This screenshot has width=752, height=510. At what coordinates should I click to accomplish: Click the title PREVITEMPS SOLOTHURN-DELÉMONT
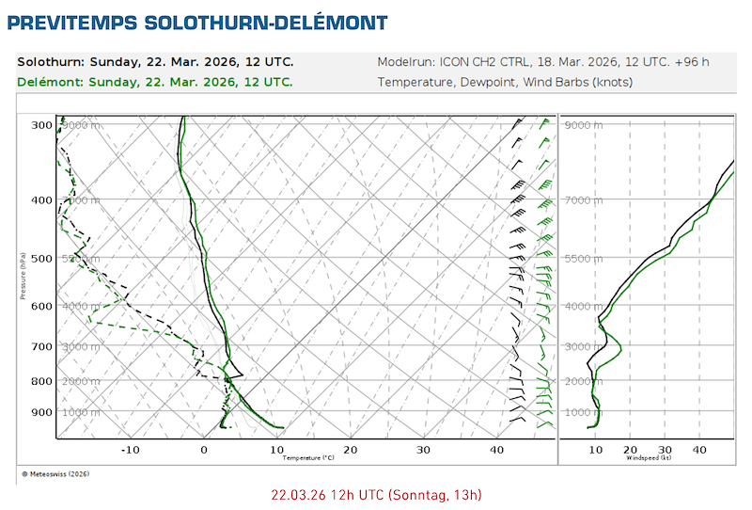point(197,21)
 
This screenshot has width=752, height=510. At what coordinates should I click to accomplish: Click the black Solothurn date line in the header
point(155,62)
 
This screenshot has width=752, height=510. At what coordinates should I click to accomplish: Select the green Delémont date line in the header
point(155,82)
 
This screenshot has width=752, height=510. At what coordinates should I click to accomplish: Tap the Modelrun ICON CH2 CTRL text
point(542,62)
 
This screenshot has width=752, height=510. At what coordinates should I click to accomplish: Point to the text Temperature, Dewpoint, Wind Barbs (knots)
point(505,82)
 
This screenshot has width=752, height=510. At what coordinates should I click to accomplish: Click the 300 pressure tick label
point(41,125)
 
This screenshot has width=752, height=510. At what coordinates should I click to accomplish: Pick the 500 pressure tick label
point(41,259)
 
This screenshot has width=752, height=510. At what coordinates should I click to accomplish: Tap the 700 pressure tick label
point(41,347)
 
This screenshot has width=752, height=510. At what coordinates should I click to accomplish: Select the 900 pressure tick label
point(41,412)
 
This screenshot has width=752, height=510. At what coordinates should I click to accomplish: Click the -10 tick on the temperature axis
point(130,450)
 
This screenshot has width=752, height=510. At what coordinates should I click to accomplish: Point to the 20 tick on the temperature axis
point(351,450)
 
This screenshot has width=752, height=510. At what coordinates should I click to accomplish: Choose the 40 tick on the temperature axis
point(497,450)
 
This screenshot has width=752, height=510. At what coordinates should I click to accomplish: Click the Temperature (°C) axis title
point(308,459)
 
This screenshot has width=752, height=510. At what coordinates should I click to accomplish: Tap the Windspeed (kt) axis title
point(648,459)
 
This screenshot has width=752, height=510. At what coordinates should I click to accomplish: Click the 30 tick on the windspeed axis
point(665,450)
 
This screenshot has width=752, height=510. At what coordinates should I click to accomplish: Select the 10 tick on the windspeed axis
point(595,450)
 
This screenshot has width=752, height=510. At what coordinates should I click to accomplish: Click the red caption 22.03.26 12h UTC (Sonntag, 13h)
point(376,494)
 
